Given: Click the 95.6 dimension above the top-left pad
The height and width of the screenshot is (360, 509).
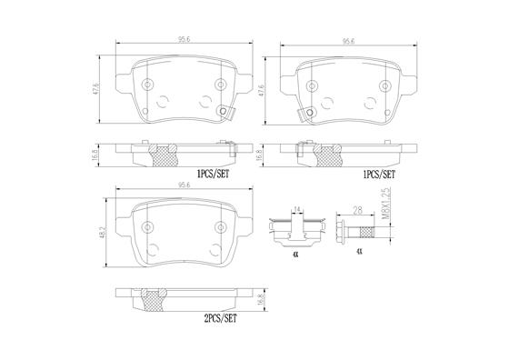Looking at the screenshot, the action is (x=184, y=40).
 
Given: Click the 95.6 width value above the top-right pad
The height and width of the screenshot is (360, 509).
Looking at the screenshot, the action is (x=348, y=41).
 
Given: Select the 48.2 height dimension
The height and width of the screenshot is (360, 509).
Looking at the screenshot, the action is (x=105, y=233).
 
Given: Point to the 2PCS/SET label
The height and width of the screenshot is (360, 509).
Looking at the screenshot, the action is (x=220, y=318).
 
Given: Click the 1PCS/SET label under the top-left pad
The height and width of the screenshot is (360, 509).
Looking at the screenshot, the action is (x=213, y=175).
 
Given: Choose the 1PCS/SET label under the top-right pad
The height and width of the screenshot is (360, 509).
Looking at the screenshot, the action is (x=379, y=175).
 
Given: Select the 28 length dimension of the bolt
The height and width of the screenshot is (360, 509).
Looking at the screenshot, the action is (x=357, y=211).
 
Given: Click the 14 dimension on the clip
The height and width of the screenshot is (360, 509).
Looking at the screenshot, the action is (x=296, y=210).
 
